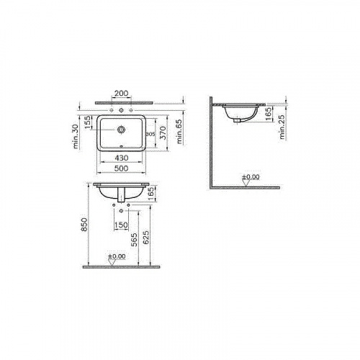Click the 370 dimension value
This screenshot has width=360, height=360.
(164, 133)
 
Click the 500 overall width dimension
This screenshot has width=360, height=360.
(123, 169)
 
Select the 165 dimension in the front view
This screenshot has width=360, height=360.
(151, 193)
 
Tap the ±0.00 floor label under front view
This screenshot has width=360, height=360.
(116, 256)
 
